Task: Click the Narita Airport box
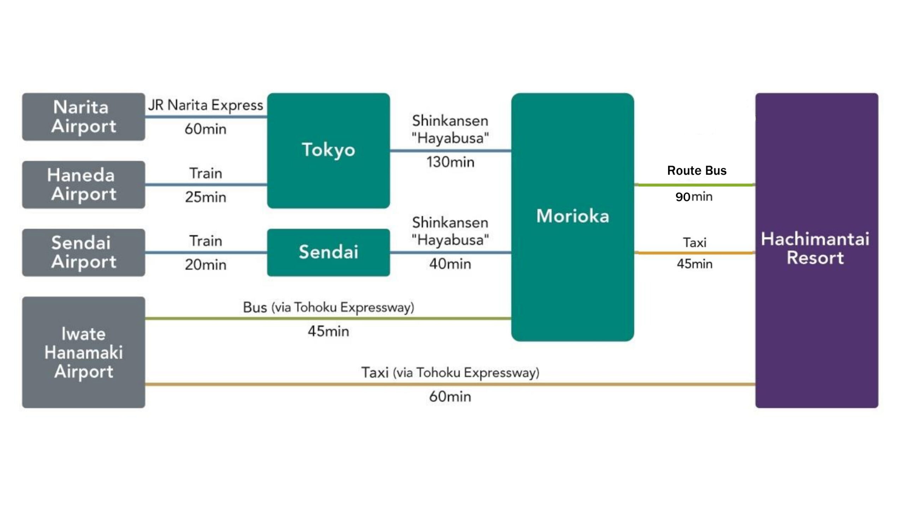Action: point(84,117)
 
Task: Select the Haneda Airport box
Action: point(84,185)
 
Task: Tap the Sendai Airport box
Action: point(84,253)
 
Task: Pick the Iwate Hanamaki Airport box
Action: point(84,352)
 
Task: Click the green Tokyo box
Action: point(328,151)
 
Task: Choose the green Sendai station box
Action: point(328,253)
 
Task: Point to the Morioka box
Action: point(572,217)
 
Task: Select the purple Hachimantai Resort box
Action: point(817,250)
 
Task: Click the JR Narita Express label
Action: point(206,105)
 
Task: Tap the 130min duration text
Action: point(450,162)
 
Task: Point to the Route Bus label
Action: point(697,171)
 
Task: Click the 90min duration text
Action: point(694,196)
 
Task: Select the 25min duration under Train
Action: point(206,197)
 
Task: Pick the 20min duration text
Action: point(206,265)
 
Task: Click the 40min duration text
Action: point(450,264)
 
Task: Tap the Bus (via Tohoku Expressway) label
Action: point(328,308)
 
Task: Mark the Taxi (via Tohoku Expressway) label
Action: point(450,373)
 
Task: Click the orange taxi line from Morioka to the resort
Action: point(695,253)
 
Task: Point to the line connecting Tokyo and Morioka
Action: point(451,151)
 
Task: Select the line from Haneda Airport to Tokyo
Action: point(206,185)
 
